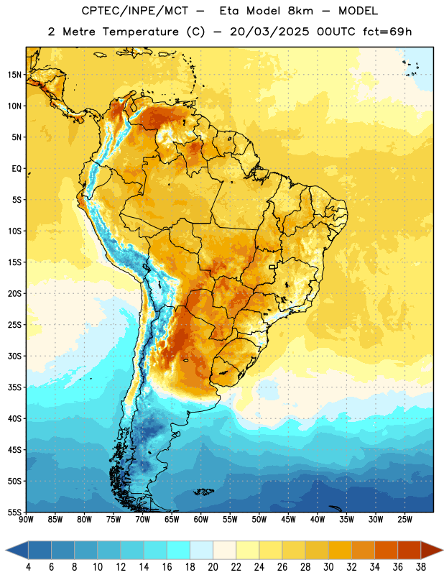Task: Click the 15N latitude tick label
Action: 14,75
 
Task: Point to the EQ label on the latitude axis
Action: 17,169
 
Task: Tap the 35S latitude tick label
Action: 14,387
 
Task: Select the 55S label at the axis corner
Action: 14,512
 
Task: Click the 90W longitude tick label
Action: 27,520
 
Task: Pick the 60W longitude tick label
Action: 201,520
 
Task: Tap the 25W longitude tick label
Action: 404,520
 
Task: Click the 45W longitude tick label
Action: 288,520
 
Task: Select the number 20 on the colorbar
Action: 213,567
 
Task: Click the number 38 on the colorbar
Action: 421,567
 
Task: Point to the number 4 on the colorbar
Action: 28,567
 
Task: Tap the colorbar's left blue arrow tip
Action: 6,550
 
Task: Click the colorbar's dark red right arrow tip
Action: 443,550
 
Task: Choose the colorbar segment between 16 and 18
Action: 179,550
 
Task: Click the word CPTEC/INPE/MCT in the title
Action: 135,11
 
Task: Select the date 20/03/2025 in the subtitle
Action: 269,32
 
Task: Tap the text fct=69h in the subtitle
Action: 387,32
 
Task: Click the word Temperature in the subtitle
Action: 140,32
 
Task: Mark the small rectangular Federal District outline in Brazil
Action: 272,267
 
